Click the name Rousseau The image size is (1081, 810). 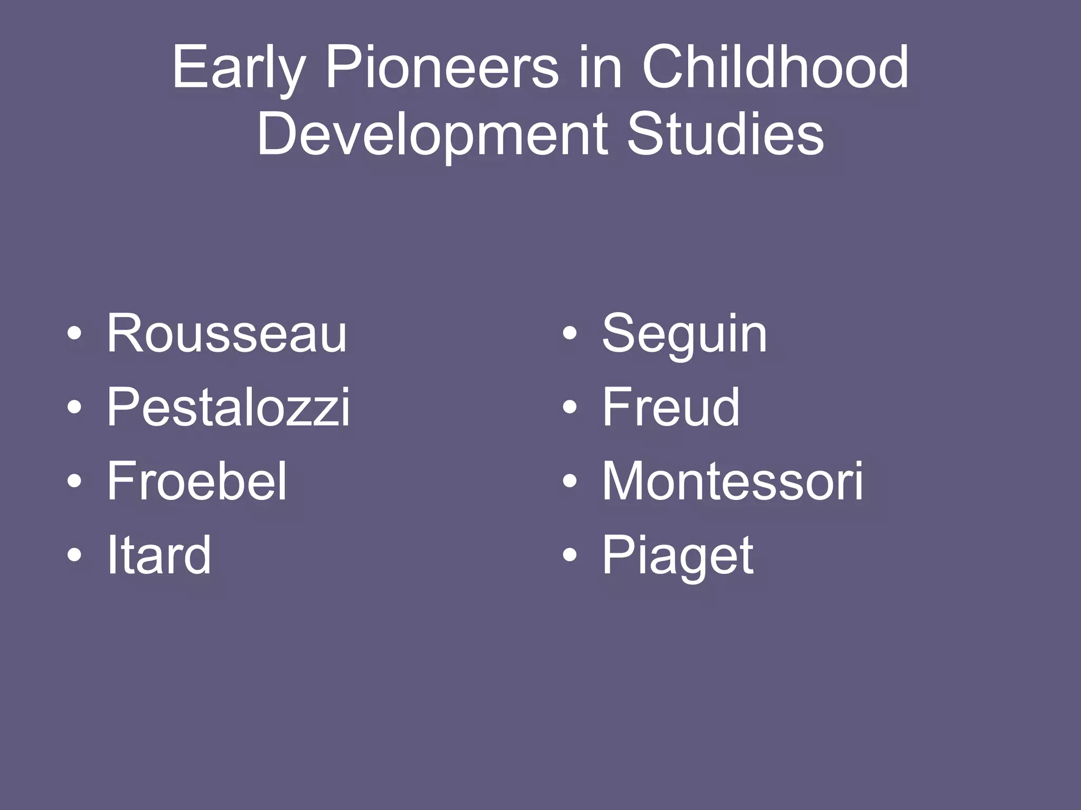pos(227,333)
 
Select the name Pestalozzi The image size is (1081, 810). pos(228,407)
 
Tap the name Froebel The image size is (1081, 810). pos(197,481)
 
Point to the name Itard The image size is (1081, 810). pos(159,555)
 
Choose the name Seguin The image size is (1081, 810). pos(685,334)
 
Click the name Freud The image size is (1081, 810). pos(671,407)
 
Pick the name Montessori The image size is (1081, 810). pos(733,481)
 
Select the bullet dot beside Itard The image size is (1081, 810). pos(74,555)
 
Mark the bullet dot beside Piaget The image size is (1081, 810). pos(569,555)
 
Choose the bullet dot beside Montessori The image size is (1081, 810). pos(569,481)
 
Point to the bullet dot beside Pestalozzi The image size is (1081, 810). pos(74,408)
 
